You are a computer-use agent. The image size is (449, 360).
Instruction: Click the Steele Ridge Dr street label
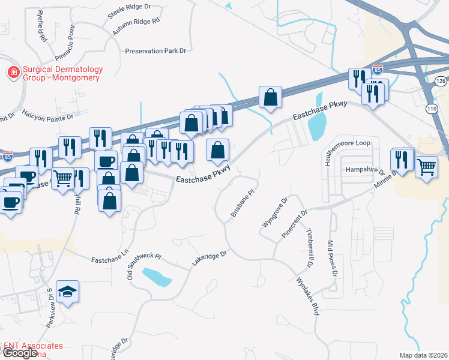129,10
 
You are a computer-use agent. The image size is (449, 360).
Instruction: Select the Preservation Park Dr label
155,52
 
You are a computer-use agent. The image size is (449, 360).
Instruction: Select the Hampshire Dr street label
364,170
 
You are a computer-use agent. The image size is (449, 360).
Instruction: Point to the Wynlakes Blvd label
307,296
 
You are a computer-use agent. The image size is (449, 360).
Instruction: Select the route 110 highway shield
431,109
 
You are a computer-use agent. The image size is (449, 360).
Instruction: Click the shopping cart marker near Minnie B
426,167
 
